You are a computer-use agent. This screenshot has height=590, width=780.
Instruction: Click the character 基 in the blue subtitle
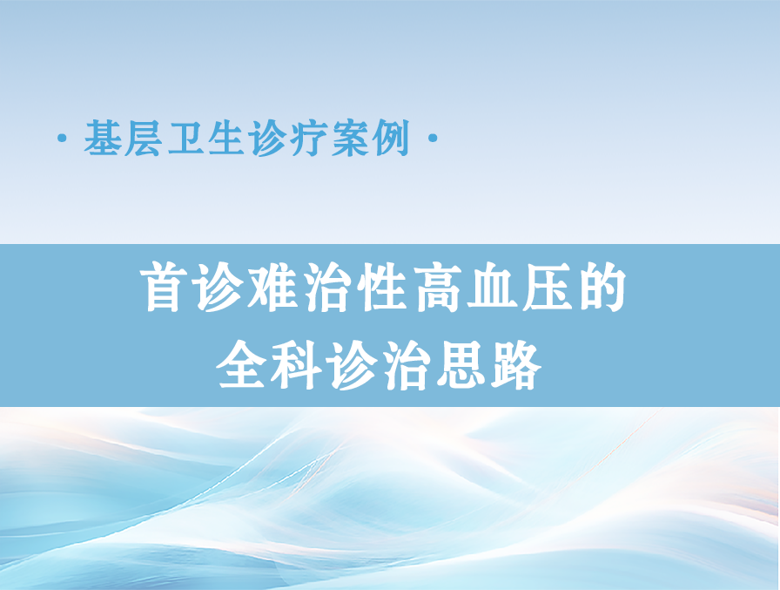click(x=103, y=138)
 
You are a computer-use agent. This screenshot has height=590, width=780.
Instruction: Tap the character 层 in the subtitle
click(x=143, y=138)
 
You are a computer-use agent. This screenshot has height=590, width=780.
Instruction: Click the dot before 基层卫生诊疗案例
click(x=62, y=138)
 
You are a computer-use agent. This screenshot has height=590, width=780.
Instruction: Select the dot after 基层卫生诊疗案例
click(x=433, y=138)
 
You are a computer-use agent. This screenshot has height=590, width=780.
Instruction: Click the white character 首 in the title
click(x=165, y=288)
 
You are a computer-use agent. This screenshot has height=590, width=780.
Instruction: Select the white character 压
click(x=548, y=288)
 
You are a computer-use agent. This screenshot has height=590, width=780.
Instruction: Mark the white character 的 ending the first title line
click(x=601, y=288)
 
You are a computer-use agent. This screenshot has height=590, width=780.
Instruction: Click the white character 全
click(x=242, y=365)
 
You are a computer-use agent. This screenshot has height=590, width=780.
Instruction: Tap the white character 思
click(x=461, y=365)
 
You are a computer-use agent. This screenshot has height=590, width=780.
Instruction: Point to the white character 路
click(x=516, y=365)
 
